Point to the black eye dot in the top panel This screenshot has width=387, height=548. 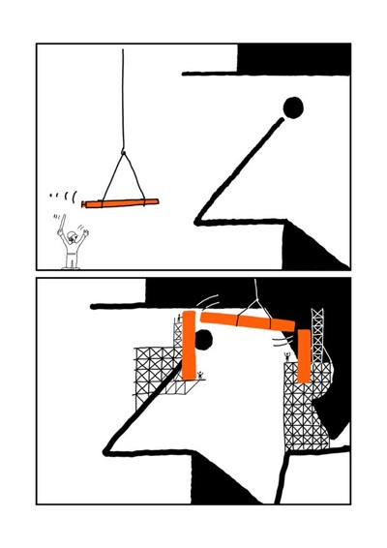[292, 107]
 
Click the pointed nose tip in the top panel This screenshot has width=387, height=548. [197, 219]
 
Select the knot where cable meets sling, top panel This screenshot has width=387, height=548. [123, 152]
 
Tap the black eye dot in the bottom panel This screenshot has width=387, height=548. [204, 339]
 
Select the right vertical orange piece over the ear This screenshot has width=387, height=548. [305, 356]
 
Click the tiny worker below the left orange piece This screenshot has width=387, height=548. [199, 374]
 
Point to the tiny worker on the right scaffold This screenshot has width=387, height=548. [286, 359]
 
